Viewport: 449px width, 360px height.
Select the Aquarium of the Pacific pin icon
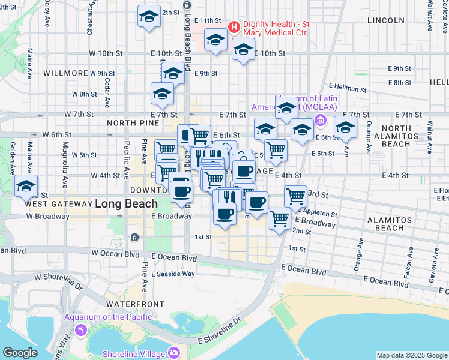pos(80,329)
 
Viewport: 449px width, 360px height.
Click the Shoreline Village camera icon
pos(174,353)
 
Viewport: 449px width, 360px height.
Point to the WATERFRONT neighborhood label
pos(131,304)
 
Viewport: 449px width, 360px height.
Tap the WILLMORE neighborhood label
pos(66,73)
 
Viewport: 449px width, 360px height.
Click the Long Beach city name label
pos(126,203)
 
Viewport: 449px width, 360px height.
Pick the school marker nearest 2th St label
pos(149,17)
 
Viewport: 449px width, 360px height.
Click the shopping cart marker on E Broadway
pos(279,220)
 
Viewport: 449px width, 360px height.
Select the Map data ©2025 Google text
pos(412,355)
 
